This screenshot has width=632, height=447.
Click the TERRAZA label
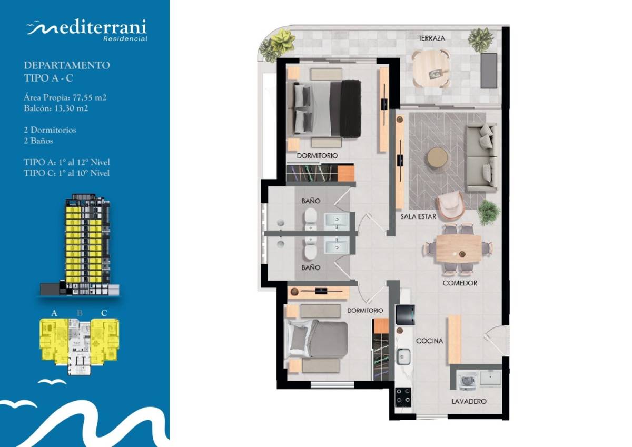[x=432, y=38]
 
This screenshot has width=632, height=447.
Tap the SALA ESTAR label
[x=418, y=216]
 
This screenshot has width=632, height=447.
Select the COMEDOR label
[x=460, y=283]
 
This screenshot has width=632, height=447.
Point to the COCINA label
[x=429, y=341]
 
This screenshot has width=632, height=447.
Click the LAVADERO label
[x=469, y=401]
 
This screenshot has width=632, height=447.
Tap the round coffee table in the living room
[x=437, y=158]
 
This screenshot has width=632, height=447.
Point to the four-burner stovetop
[x=403, y=397]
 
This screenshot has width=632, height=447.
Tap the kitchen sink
[x=403, y=357]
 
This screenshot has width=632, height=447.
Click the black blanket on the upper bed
[x=351, y=108]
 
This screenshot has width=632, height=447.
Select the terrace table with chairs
[x=431, y=68]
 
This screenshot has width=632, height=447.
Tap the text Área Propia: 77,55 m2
[x=65, y=97]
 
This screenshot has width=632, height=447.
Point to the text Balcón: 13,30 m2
[x=56, y=108]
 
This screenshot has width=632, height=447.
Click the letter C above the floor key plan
[x=104, y=313]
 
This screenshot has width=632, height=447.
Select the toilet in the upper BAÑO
[x=311, y=218]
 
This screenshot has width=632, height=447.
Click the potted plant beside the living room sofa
[x=489, y=212]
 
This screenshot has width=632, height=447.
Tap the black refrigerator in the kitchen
[x=405, y=315]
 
